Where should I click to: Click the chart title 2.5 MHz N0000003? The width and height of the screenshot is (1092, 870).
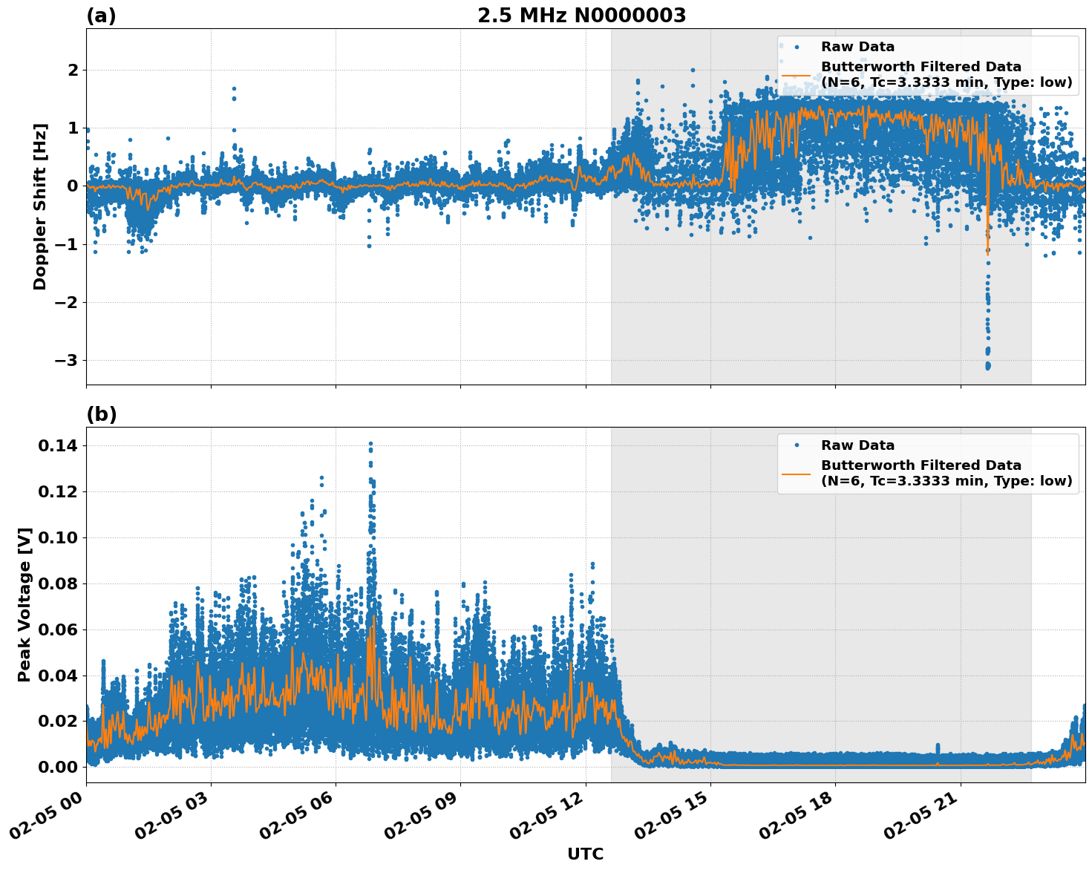(x=581, y=16)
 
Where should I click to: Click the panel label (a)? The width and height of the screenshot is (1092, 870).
(x=101, y=16)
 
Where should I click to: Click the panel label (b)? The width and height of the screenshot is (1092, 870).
(x=101, y=414)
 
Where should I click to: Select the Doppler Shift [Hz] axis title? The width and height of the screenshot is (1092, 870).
(x=40, y=206)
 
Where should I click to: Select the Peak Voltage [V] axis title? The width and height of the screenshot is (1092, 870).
(x=24, y=604)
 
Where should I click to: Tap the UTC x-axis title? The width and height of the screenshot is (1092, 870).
(x=585, y=854)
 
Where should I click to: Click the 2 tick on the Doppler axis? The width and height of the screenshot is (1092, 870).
(x=73, y=71)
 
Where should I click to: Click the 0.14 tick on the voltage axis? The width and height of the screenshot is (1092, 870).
(x=57, y=446)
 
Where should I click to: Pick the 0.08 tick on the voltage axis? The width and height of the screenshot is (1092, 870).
(x=57, y=583)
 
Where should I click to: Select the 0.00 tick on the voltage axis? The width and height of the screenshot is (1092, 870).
(x=57, y=767)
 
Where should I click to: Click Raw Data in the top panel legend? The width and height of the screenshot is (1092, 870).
(x=857, y=47)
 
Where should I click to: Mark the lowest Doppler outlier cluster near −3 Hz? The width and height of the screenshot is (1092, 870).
(x=987, y=364)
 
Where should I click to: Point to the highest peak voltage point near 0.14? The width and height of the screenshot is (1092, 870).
(x=370, y=444)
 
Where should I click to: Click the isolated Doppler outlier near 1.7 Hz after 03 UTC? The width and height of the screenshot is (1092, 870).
(x=234, y=88)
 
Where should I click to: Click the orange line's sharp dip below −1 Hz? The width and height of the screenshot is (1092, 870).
(x=987, y=249)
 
